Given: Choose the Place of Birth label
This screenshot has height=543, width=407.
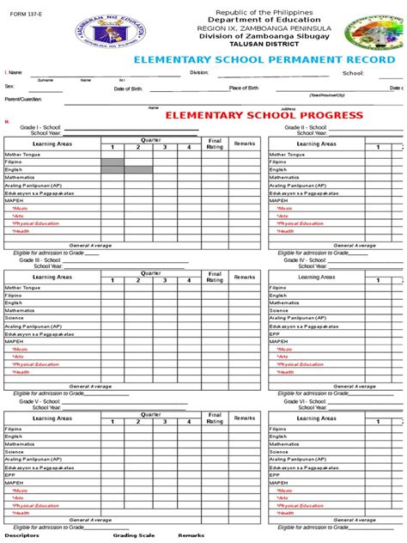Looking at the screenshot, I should (x=246, y=88).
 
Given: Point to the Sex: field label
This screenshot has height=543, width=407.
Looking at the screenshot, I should (x=9, y=88).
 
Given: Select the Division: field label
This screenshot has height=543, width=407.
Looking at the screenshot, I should (x=199, y=74).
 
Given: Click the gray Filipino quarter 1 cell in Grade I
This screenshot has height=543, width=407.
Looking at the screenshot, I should (x=112, y=162).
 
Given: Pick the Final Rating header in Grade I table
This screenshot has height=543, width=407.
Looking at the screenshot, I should (x=215, y=144).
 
